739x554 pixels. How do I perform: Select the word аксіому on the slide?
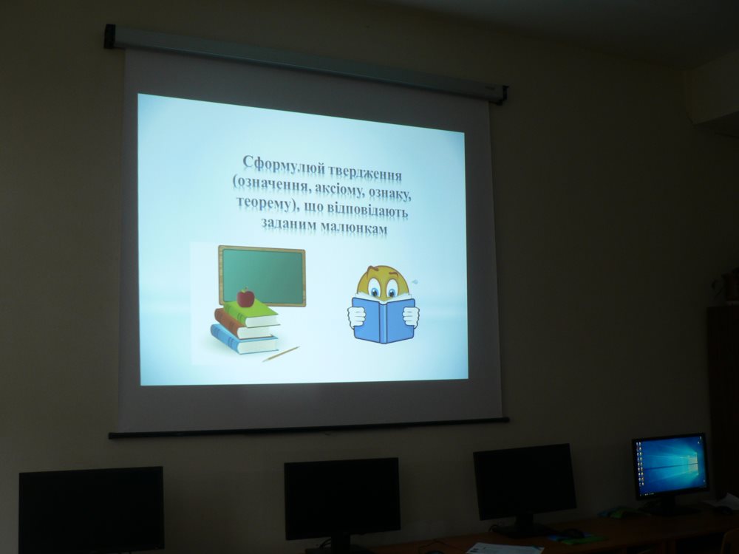(338, 188)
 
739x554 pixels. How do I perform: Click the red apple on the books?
(245, 297)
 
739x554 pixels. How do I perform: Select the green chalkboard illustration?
(262, 275)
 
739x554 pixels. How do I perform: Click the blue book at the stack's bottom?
(244, 340)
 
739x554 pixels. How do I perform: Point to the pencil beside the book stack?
(281, 354)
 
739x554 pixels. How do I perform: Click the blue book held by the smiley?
(384, 319)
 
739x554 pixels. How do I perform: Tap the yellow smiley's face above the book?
(383, 281)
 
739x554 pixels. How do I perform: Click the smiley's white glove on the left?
(356, 316)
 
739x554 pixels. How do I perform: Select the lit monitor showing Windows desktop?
(670, 466)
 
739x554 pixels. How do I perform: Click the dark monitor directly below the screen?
(341, 499)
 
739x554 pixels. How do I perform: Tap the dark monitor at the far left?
(92, 510)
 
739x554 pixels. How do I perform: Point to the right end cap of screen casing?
(503, 95)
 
